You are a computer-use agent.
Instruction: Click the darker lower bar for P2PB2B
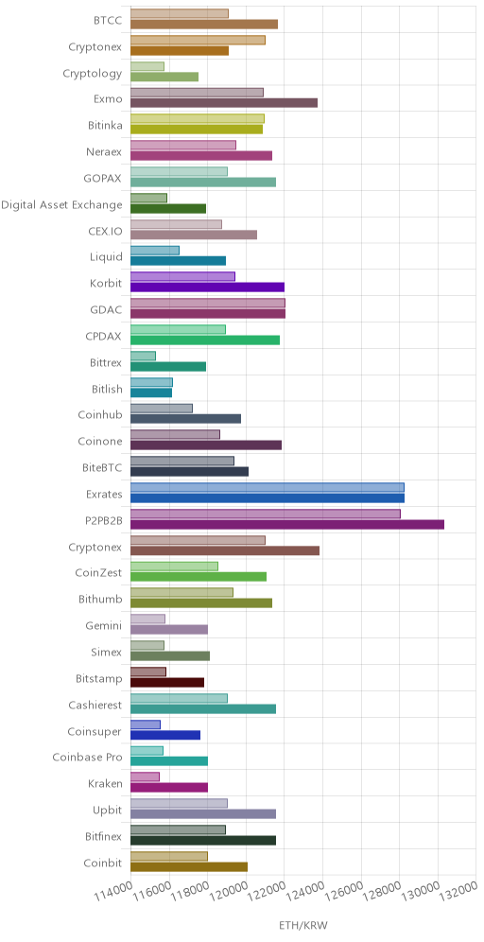(x=287, y=525)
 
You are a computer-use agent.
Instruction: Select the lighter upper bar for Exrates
(x=268, y=487)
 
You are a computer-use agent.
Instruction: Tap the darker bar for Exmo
(x=224, y=103)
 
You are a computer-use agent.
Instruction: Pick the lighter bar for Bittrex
(x=143, y=356)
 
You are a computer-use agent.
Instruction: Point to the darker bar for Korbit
(x=207, y=288)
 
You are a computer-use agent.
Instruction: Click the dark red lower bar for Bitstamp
(x=167, y=683)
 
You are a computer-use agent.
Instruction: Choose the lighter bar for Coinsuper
(x=146, y=724)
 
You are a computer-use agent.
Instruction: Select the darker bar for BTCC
(x=204, y=24)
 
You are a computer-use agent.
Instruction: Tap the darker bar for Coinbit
(x=189, y=867)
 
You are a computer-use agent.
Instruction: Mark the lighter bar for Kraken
(x=145, y=776)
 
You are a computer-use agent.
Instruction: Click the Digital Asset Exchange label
(x=61, y=205)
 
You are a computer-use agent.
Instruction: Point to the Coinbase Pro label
(x=88, y=758)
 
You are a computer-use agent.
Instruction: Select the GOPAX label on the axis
(x=103, y=179)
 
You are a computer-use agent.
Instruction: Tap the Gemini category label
(x=104, y=626)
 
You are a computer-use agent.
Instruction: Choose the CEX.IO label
(x=105, y=231)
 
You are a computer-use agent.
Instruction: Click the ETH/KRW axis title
(x=303, y=925)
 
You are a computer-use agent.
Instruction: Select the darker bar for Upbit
(x=203, y=814)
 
